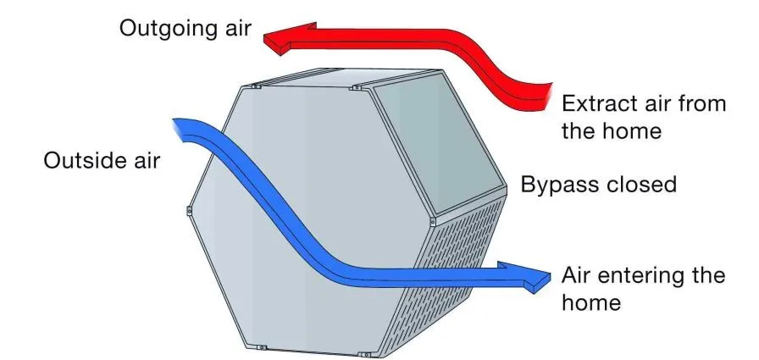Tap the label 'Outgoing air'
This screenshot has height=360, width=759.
click(x=186, y=27)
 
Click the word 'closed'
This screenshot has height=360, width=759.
click(x=646, y=184)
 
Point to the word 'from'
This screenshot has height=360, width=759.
click(x=702, y=105)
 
